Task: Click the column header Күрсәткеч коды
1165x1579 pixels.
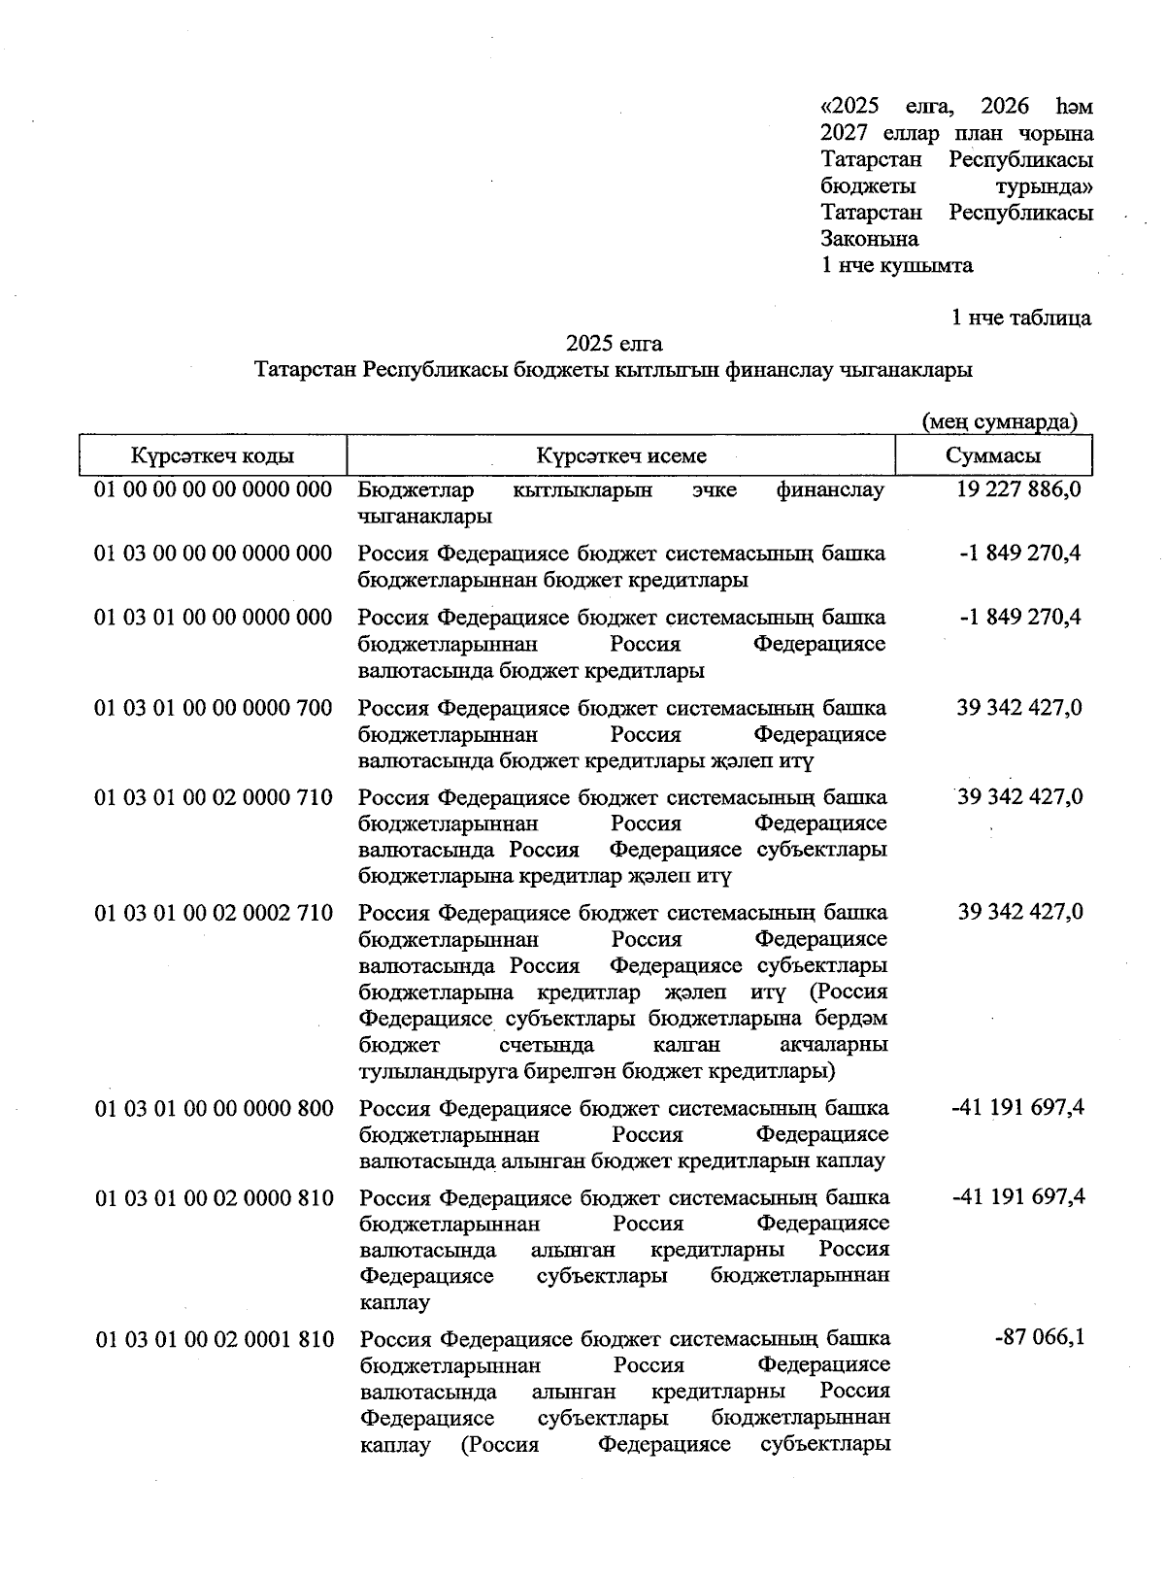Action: point(213,456)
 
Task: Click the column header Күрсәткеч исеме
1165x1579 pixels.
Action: point(621,456)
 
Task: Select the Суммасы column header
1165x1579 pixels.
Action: point(993,456)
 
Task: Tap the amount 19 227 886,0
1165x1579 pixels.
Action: point(1018,489)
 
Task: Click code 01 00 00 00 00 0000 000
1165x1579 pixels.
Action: point(213,489)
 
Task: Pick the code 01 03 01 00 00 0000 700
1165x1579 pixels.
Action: point(213,708)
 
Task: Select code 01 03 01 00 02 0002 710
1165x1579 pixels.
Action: point(214,913)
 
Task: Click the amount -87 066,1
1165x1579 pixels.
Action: point(1040,1338)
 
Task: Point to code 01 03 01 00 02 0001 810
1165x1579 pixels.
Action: point(215,1340)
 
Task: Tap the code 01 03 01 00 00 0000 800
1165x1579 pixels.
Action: point(214,1109)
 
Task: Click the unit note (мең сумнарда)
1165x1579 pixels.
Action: point(999,422)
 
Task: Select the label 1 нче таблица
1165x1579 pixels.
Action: point(1020,318)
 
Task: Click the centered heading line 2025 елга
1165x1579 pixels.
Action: point(615,344)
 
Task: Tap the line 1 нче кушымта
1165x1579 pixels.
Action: point(897,265)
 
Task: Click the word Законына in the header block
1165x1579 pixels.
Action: point(870,239)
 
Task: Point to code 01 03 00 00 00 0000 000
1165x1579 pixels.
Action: point(213,554)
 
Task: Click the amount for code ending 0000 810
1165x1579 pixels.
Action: point(1018,1197)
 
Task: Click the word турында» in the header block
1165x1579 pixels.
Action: point(1044,186)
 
